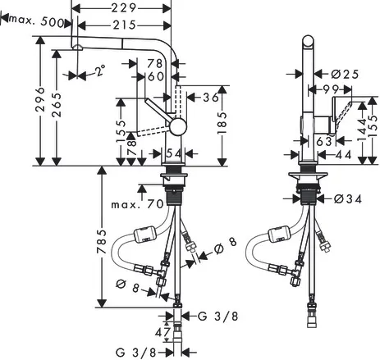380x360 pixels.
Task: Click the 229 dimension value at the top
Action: [124, 8]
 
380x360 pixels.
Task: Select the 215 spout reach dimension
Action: [125, 25]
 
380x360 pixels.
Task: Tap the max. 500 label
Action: [37, 21]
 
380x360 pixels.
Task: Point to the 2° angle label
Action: [100, 71]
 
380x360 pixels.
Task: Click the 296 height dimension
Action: [40, 99]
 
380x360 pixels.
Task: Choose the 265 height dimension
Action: [57, 105]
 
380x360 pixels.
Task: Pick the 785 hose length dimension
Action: [102, 242]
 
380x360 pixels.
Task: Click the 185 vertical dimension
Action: [222, 123]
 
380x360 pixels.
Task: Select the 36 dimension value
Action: [211, 98]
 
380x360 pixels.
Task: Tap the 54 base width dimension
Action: [174, 154]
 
